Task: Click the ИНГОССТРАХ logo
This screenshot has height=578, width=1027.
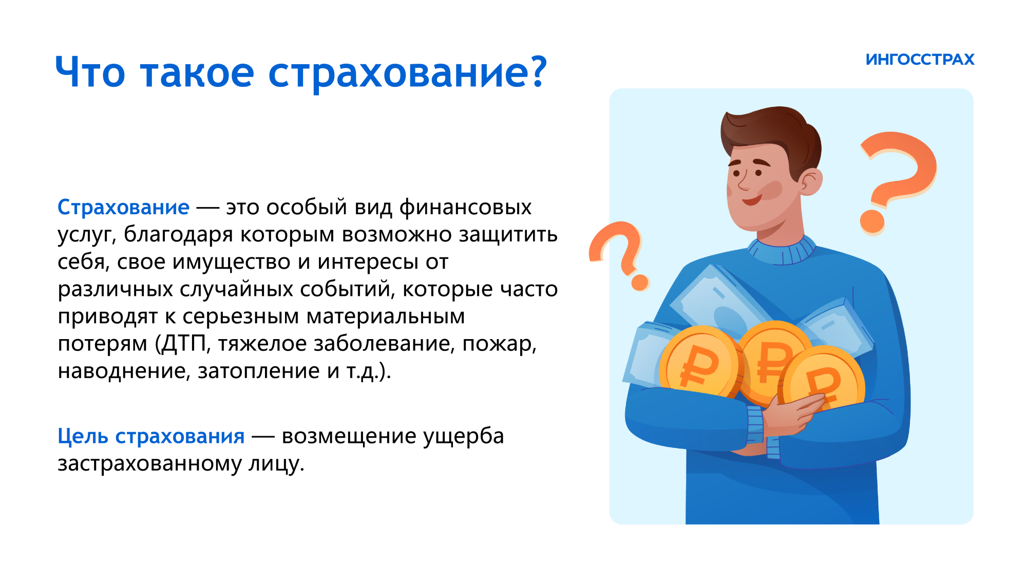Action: pos(920,60)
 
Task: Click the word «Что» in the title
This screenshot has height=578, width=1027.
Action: pos(90,72)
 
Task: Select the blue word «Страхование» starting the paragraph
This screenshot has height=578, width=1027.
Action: pos(123,207)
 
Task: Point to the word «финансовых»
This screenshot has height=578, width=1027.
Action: pos(465,207)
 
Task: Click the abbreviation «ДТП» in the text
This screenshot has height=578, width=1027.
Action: pos(183,344)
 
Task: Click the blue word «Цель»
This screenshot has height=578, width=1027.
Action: pos(83,436)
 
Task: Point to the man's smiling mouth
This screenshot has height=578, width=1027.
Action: pos(752,199)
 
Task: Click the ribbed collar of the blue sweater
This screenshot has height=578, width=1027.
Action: pos(782,251)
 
